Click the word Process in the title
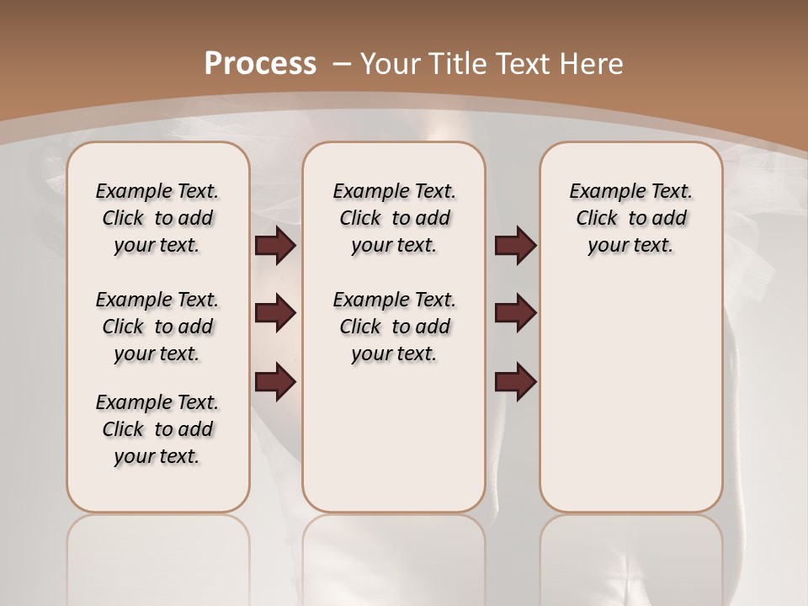click(260, 64)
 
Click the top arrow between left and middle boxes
click(275, 246)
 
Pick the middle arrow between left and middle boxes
click(275, 314)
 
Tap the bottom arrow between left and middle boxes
click(275, 381)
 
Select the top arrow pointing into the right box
click(515, 246)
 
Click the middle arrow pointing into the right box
click(515, 314)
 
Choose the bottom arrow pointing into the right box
click(515, 381)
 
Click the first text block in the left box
click(157, 218)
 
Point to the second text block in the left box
click(157, 327)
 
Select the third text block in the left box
click(157, 429)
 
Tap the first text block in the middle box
click(394, 218)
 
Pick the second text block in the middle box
click(394, 327)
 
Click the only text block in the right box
click(630, 218)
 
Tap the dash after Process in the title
click(343, 64)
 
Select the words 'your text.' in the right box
click(630, 246)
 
